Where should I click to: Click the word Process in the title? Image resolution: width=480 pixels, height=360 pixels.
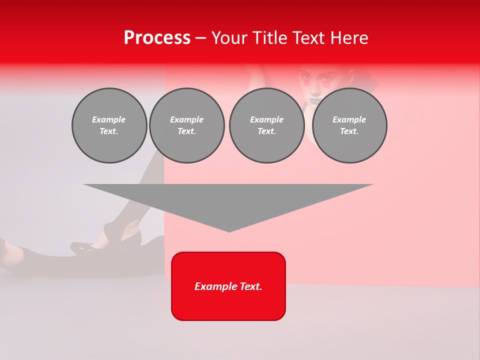coord(157,38)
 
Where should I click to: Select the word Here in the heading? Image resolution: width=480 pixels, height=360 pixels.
coord(348,38)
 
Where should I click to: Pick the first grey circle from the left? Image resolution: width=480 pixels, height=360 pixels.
coord(109,125)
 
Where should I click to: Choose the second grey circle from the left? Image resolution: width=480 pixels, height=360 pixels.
coord(187,125)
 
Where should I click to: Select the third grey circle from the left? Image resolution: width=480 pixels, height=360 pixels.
coord(267,125)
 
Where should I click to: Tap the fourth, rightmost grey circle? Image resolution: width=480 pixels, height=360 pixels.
coord(349,125)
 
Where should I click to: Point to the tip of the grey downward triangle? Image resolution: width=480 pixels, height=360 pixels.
coord(229,231)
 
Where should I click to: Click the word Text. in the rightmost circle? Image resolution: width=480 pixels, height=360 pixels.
coord(349,131)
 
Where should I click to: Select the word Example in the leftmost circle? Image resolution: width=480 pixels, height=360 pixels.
coord(109,119)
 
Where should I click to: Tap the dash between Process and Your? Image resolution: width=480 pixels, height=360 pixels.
coord(200,38)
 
